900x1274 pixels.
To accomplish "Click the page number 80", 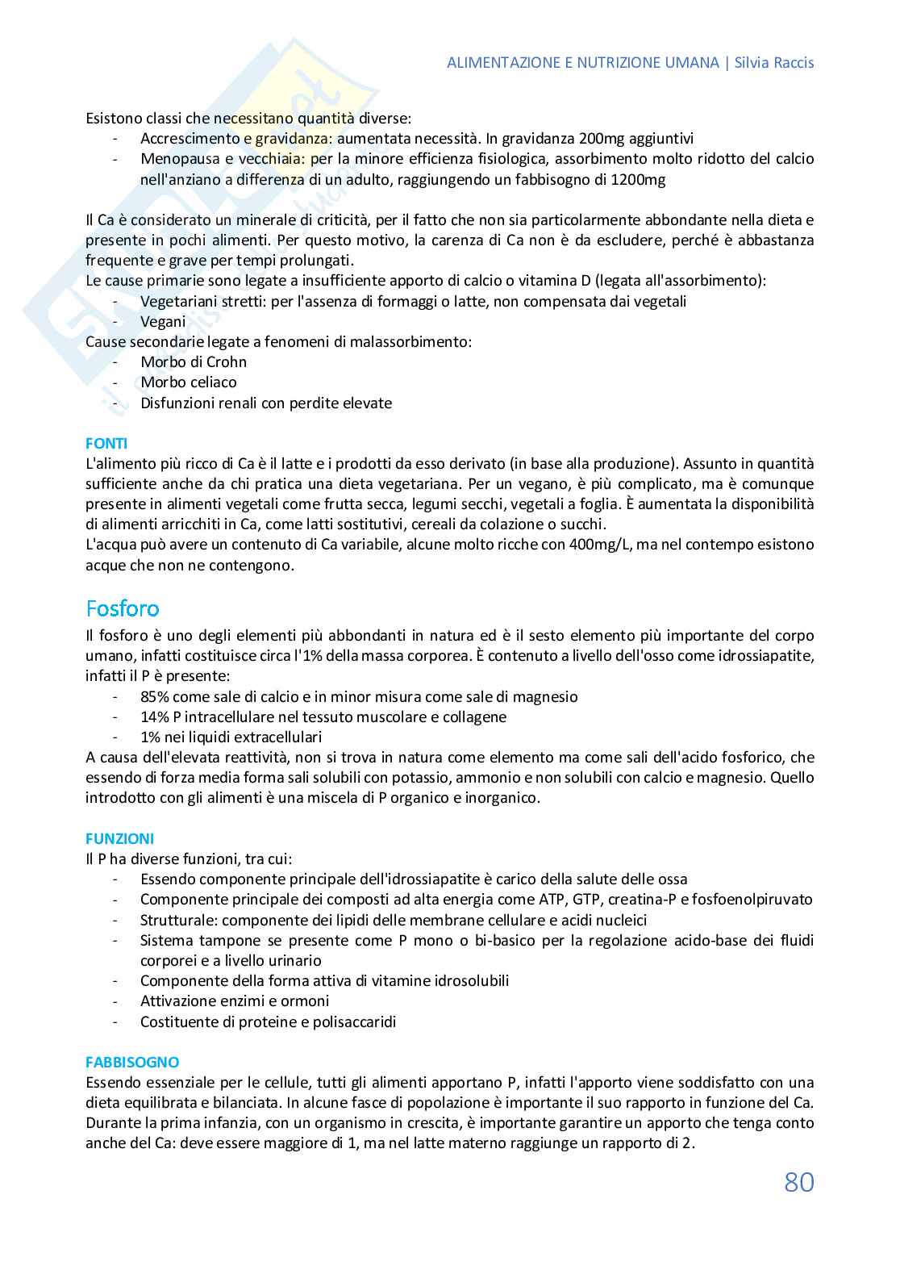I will click(x=798, y=1182).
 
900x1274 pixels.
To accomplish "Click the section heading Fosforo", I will click(x=123, y=608).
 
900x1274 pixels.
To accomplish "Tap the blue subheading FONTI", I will click(x=106, y=443).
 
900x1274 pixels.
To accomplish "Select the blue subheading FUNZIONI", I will click(x=119, y=838).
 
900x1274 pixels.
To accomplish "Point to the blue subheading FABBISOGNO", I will click(x=132, y=1062).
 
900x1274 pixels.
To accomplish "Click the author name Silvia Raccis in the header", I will click(x=775, y=63).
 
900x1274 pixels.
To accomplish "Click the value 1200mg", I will click(x=638, y=179).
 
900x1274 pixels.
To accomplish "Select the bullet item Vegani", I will click(x=163, y=321).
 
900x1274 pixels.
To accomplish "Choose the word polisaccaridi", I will click(x=351, y=1021).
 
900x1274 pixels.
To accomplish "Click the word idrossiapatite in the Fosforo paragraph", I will click(x=765, y=655).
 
